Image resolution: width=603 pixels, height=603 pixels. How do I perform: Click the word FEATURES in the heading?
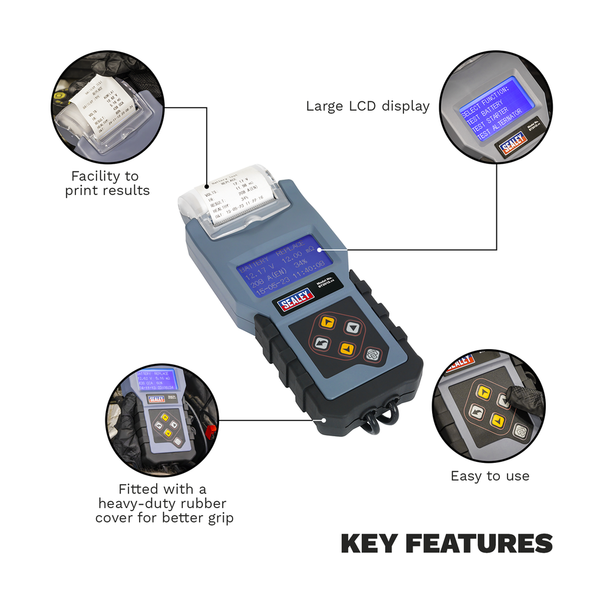(482, 544)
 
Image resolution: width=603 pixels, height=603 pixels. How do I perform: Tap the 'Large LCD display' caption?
(367, 107)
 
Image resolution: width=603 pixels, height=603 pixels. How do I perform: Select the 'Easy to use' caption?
(489, 476)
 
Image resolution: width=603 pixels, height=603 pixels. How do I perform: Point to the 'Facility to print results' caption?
(107, 183)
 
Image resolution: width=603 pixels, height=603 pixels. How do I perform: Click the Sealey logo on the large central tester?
(296, 302)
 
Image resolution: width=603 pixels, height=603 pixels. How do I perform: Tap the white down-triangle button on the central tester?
(352, 327)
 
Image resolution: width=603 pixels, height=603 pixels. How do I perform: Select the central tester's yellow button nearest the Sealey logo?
(328, 322)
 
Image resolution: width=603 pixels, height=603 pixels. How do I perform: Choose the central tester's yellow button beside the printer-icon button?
(347, 348)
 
